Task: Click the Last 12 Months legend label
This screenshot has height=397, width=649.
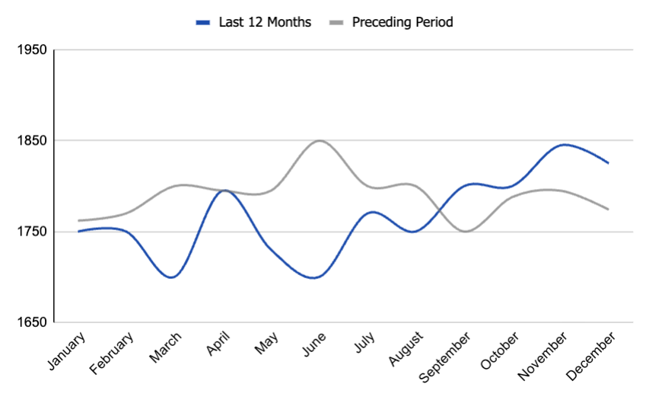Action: [265, 22]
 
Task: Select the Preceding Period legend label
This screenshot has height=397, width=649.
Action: [402, 22]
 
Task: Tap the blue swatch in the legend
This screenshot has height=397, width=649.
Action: [203, 23]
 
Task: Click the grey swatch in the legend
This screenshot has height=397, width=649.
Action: [336, 23]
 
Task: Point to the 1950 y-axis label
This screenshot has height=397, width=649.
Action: [31, 50]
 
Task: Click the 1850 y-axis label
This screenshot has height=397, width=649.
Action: [31, 141]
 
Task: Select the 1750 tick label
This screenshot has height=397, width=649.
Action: [31, 232]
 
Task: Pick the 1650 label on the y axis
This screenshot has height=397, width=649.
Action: [31, 322]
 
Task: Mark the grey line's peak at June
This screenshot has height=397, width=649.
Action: [320, 141]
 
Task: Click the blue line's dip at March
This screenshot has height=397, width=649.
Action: [171, 277]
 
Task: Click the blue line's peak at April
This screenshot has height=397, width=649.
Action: [224, 190]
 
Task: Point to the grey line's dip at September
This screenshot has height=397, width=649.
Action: [465, 231]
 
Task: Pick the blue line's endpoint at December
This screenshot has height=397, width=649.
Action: [609, 163]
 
